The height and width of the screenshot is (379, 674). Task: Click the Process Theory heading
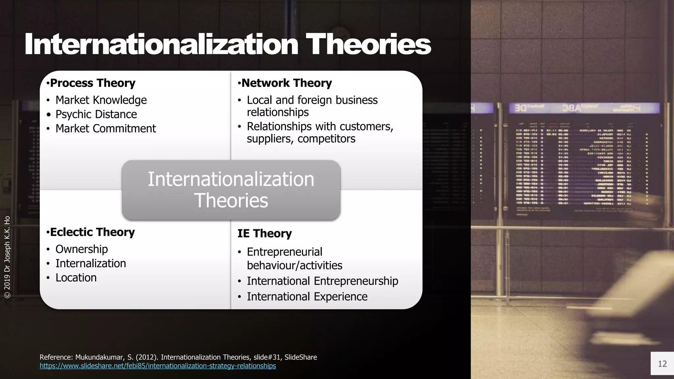pos(92,83)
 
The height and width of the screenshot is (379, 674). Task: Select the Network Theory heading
pos(286,83)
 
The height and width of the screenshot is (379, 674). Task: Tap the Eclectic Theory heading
pos(92,232)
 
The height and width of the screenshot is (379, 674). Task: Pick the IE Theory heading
pos(265,233)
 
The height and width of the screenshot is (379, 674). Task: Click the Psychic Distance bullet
pos(96,114)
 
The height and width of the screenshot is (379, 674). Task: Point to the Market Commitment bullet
pos(105,128)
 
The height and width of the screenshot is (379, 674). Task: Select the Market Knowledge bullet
pos(101,100)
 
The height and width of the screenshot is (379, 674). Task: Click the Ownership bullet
pos(81,249)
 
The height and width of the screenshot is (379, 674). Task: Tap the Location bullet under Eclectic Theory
pos(76,278)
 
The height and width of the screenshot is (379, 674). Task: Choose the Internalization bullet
pos(91,263)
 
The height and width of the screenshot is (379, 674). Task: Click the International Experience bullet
pos(307,296)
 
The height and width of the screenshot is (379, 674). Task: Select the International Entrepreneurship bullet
pos(322,281)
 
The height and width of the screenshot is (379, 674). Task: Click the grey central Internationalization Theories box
pos(231,190)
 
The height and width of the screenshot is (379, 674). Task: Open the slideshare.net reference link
pos(158,366)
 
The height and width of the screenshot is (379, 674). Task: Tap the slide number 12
pos(662,364)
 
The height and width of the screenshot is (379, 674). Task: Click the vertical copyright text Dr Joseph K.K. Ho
pos(7,257)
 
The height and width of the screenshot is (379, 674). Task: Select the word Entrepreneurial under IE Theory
pos(284,252)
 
